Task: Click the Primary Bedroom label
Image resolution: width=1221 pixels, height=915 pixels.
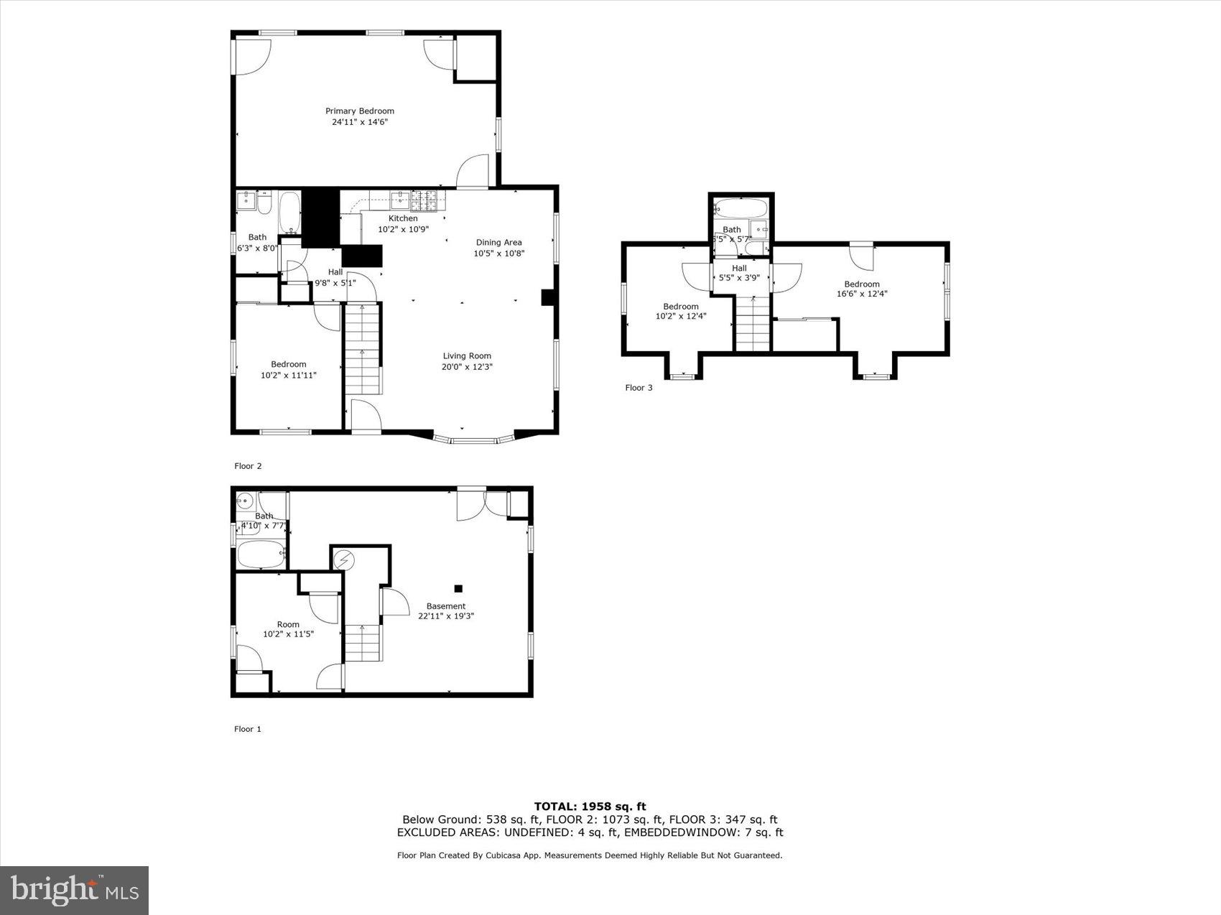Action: [360, 111]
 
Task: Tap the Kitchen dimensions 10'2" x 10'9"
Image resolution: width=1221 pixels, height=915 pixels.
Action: [403, 229]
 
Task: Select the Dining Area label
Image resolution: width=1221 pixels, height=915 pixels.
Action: [498, 243]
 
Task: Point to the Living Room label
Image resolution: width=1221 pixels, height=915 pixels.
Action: [466, 356]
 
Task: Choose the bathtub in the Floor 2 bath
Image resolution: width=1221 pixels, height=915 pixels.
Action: [290, 212]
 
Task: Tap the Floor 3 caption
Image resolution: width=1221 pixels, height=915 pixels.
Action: [639, 388]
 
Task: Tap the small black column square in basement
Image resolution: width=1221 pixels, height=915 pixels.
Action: [458, 588]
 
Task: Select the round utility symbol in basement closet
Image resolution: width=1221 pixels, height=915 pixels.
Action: [344, 559]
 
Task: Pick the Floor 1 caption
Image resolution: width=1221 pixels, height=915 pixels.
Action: [248, 729]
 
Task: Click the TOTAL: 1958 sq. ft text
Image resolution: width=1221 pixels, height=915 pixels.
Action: [590, 807]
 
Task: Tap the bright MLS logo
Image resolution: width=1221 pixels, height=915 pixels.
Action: [75, 891]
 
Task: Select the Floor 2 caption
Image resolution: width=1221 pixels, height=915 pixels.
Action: [248, 466]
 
